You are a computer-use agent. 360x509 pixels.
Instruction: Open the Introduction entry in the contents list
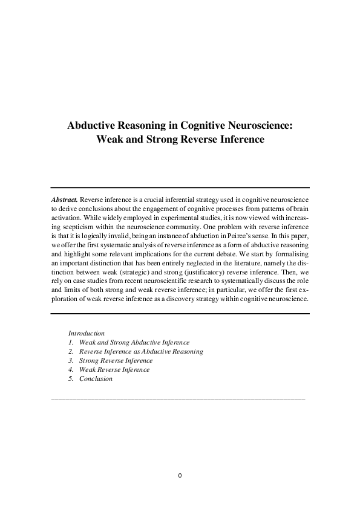87,333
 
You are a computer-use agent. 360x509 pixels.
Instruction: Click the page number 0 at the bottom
180,475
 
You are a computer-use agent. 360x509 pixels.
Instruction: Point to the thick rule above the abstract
180,187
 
